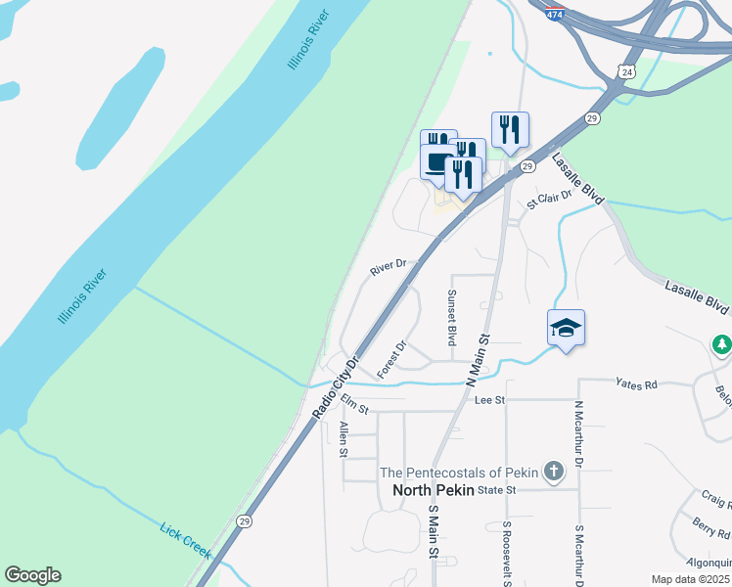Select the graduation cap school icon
click(x=566, y=329)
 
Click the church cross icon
click(x=553, y=473)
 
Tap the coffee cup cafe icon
click(x=437, y=161)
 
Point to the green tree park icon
click(x=721, y=344)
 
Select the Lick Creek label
click(x=185, y=540)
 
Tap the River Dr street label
click(x=389, y=268)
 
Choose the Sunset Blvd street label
click(x=452, y=317)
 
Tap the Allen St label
click(x=343, y=439)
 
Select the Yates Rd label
click(x=636, y=384)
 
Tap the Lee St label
click(x=488, y=400)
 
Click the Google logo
click(x=32, y=575)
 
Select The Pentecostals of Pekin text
click(x=459, y=473)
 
